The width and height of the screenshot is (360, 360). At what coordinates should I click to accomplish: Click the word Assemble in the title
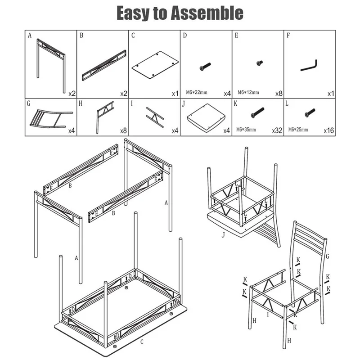207,13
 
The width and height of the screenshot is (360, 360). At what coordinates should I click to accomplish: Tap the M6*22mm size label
197,92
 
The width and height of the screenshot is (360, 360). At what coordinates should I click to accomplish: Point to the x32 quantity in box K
277,130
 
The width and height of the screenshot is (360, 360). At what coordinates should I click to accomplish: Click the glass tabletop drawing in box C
155,65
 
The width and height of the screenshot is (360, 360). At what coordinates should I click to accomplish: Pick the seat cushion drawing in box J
206,118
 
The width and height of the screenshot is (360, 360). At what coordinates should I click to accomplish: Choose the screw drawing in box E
260,63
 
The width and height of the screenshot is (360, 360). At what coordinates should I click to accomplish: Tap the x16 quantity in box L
329,130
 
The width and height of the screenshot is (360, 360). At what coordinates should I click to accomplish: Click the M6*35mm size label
246,130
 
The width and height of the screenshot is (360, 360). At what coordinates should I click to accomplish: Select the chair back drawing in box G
51,119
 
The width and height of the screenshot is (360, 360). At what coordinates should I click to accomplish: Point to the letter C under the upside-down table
142,342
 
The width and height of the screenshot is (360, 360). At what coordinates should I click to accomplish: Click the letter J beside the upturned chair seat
223,235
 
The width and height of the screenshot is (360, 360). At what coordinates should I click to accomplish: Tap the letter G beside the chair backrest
328,256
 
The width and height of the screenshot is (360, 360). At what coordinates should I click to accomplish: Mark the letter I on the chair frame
268,315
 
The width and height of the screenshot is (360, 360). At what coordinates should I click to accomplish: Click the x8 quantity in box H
123,130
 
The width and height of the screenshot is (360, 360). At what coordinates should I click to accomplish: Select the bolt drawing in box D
205,67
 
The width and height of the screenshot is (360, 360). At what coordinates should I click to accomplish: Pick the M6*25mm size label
298,130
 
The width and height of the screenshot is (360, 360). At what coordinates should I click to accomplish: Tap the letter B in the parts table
81,36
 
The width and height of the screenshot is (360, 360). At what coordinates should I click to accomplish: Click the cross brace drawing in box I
155,117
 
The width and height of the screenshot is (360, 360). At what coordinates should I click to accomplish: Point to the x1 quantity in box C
175,94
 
